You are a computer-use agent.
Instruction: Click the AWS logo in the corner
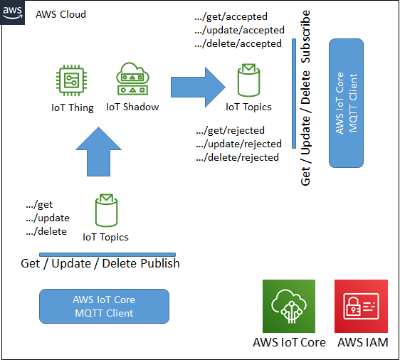point(12,13)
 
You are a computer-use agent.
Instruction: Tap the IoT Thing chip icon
point(71,80)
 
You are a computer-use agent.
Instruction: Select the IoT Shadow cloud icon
point(132,78)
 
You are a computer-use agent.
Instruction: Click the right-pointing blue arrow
point(198,88)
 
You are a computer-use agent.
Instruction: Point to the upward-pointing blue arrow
point(98,152)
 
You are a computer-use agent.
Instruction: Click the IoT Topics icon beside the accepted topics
point(248,80)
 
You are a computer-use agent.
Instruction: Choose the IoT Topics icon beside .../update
point(106,211)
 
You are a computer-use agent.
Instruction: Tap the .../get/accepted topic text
point(231,16)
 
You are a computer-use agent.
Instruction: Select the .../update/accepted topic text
point(240,30)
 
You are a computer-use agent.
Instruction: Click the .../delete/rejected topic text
point(237,157)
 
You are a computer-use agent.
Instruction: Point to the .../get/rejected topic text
point(231,130)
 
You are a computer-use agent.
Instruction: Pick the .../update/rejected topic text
point(238,144)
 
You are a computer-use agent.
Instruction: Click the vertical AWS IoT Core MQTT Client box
point(346,103)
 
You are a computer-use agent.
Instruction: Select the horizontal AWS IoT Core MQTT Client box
point(104,306)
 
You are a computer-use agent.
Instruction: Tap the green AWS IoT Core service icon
point(289,306)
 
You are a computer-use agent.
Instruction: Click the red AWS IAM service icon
point(362,306)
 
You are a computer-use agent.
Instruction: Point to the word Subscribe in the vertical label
point(305,37)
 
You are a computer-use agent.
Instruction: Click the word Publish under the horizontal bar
point(160,263)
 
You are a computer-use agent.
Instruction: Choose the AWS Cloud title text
point(60,14)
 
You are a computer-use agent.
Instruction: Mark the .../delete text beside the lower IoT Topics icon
point(46,231)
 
